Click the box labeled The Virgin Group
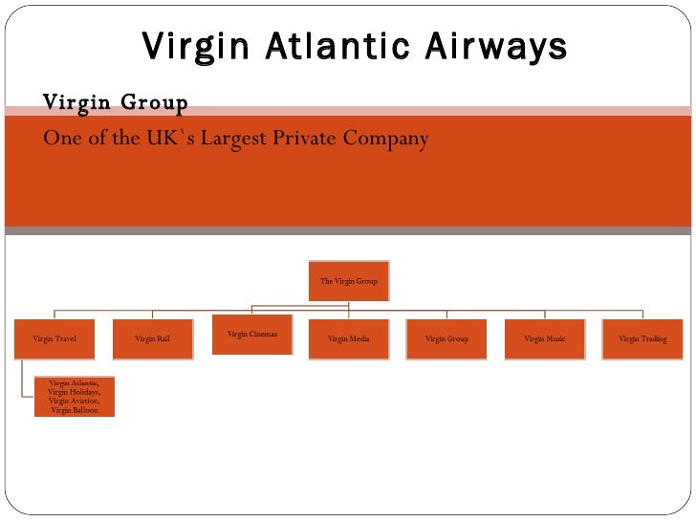pos(348,281)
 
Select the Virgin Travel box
pos(54,338)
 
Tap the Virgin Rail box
pos(152,338)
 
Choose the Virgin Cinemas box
pos(252,335)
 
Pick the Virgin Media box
pos(348,338)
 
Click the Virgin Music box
pos(545,338)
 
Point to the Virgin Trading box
pos(642,338)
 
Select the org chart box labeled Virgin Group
pos(446,338)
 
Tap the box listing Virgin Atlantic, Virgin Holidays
pos(74,396)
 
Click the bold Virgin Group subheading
pos(115,101)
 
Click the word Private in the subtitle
pos(309,139)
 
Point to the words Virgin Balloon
pos(74,410)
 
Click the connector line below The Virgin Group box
pos(348,304)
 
